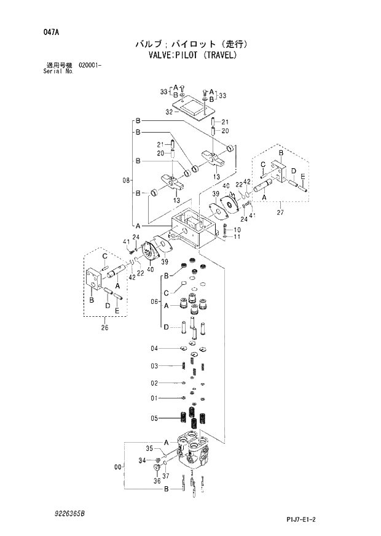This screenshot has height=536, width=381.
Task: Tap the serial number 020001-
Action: tap(90, 64)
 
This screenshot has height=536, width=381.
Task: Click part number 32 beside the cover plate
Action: tap(169, 112)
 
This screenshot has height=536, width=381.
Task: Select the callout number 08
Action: tap(127, 181)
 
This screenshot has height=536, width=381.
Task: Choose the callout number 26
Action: tap(103, 327)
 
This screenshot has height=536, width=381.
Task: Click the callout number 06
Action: tap(155, 302)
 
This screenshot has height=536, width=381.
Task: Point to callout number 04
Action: tap(155, 349)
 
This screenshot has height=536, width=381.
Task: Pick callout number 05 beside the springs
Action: tap(155, 419)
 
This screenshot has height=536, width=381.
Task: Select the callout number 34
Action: tap(141, 460)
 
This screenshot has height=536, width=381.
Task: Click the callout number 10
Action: tap(237, 230)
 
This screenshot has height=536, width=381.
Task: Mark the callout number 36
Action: tap(157, 481)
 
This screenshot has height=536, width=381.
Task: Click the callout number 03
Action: tap(155, 366)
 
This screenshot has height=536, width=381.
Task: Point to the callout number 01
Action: tap(155, 398)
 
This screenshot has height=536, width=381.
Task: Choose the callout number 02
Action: tap(155, 383)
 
